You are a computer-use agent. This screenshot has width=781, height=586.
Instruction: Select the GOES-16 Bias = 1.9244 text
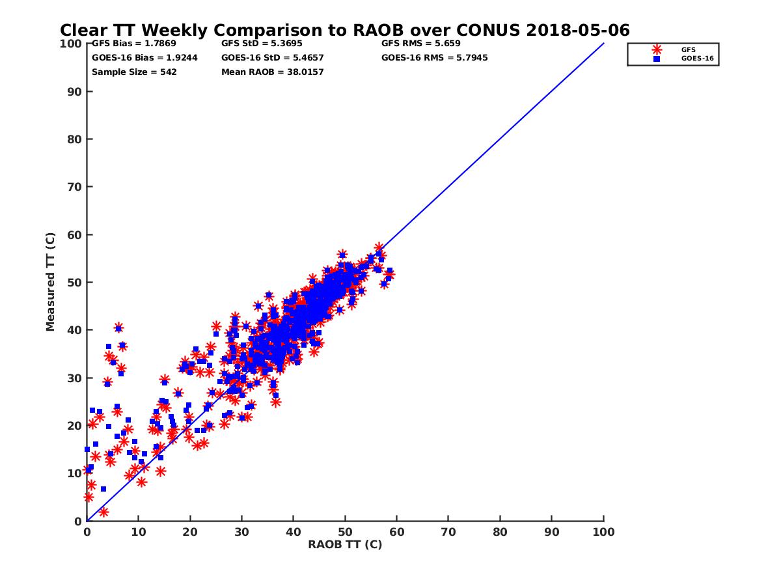[x=144, y=57]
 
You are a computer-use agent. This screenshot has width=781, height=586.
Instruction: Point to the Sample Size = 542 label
[x=134, y=72]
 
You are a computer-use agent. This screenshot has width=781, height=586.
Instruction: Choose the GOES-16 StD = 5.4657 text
[x=272, y=57]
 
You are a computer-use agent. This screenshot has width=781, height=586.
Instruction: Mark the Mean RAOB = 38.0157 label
[x=272, y=72]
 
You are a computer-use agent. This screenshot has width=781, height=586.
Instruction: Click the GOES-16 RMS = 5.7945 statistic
[x=434, y=57]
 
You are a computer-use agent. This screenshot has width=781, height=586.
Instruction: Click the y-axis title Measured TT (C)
[x=50, y=283]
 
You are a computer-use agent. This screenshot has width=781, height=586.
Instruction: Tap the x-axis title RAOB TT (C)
[x=345, y=544]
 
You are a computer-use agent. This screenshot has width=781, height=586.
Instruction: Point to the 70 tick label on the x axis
[x=448, y=531]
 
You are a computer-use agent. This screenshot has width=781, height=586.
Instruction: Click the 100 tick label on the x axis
[x=604, y=531]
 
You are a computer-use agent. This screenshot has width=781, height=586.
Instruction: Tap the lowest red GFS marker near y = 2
[x=103, y=512]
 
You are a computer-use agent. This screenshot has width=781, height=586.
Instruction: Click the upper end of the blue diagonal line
[x=603, y=44]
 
